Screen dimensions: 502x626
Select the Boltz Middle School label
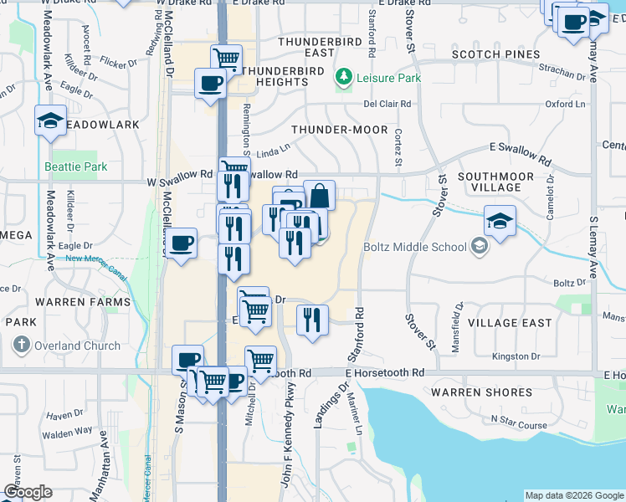coord(415,247)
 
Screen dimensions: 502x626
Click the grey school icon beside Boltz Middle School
coord(479,246)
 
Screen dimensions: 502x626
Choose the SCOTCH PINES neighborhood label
coord(495,54)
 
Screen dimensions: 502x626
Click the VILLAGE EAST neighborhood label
coord(510,322)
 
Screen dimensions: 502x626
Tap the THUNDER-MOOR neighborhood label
coord(339,130)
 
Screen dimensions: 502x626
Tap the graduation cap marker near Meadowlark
coord(50,121)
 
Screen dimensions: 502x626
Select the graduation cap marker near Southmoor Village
coord(500,222)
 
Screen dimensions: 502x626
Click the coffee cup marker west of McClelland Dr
coord(181,244)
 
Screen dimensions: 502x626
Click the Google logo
coord(28,492)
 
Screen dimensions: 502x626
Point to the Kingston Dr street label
coord(516,356)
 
